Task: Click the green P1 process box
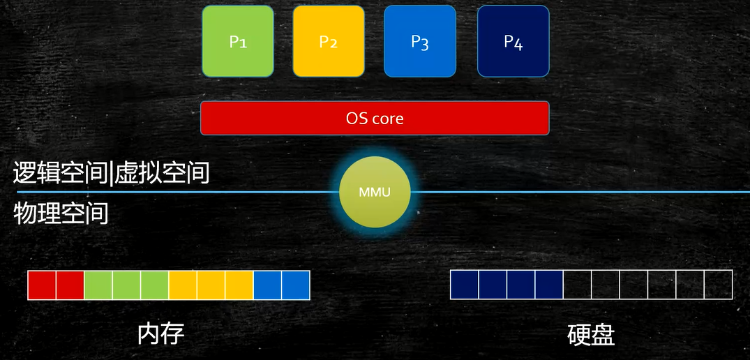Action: pos(238,41)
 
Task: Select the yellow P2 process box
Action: pos(329,41)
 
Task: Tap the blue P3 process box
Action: pos(420,41)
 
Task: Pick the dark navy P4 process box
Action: pos(513,41)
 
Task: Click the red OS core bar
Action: pos(375,118)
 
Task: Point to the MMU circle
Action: pos(375,192)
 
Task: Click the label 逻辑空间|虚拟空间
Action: pos(112,172)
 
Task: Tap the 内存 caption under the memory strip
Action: pos(161,334)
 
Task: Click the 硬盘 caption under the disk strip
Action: pos(591,336)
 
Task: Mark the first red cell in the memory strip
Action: pos(42,285)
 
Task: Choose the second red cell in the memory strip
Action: pos(70,285)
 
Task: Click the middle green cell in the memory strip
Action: pos(126,285)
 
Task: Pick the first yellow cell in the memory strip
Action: pos(183,285)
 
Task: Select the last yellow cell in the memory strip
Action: pos(239,285)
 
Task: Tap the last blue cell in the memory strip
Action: pos(296,285)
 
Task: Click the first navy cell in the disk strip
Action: pos(465,285)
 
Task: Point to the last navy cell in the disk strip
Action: pos(549,285)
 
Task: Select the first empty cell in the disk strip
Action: pos(578,285)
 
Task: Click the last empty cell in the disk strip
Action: pos(718,285)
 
